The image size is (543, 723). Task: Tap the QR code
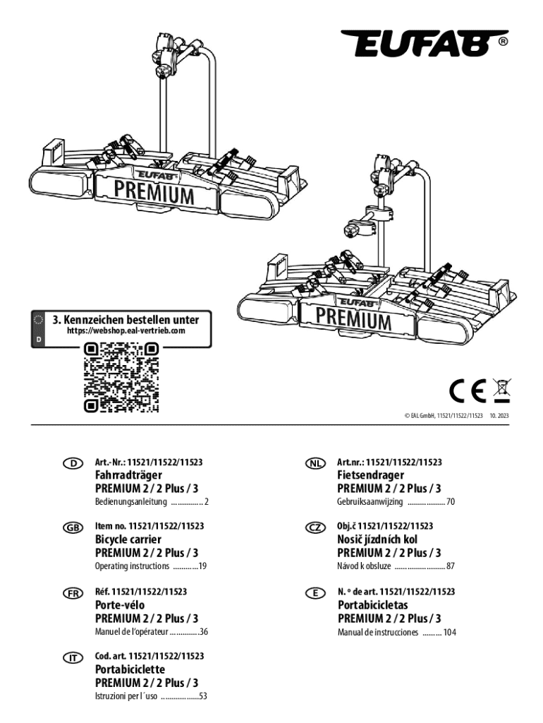(x=121, y=377)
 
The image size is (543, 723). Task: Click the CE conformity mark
(x=468, y=390)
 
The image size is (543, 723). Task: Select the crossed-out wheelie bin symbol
(x=501, y=390)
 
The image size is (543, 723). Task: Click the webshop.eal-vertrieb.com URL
(x=126, y=330)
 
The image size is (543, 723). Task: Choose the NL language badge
(x=315, y=463)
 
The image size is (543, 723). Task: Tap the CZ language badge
(x=315, y=527)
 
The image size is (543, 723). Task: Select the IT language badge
(x=73, y=658)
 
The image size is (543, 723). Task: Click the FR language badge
(x=73, y=593)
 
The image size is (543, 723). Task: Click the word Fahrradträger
(x=128, y=475)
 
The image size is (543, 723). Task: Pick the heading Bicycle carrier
(x=128, y=539)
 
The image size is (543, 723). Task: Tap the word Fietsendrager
(x=370, y=475)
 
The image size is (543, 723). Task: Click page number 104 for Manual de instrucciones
(x=449, y=632)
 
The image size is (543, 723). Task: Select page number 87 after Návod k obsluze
(x=451, y=566)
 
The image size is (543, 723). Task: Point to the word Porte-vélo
(x=120, y=604)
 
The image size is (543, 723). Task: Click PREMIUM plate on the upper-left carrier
(x=154, y=192)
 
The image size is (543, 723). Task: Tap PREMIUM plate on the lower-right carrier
(x=354, y=318)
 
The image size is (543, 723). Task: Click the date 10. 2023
(x=499, y=415)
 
